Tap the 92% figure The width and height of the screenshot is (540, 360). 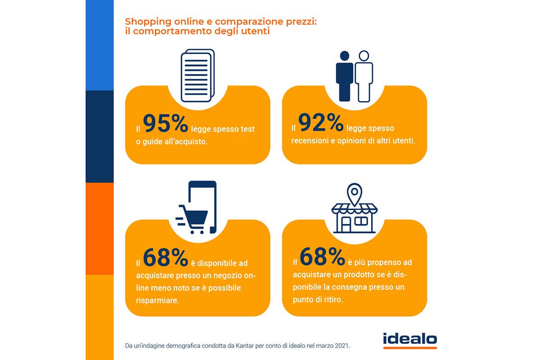(320, 123)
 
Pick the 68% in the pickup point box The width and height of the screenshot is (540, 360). (322, 257)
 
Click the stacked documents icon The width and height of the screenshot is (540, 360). (197, 76)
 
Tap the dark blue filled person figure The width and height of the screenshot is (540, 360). (345, 76)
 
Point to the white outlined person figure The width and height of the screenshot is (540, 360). (364, 76)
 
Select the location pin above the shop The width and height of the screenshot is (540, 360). (355, 194)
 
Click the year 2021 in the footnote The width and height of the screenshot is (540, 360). (341, 346)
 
